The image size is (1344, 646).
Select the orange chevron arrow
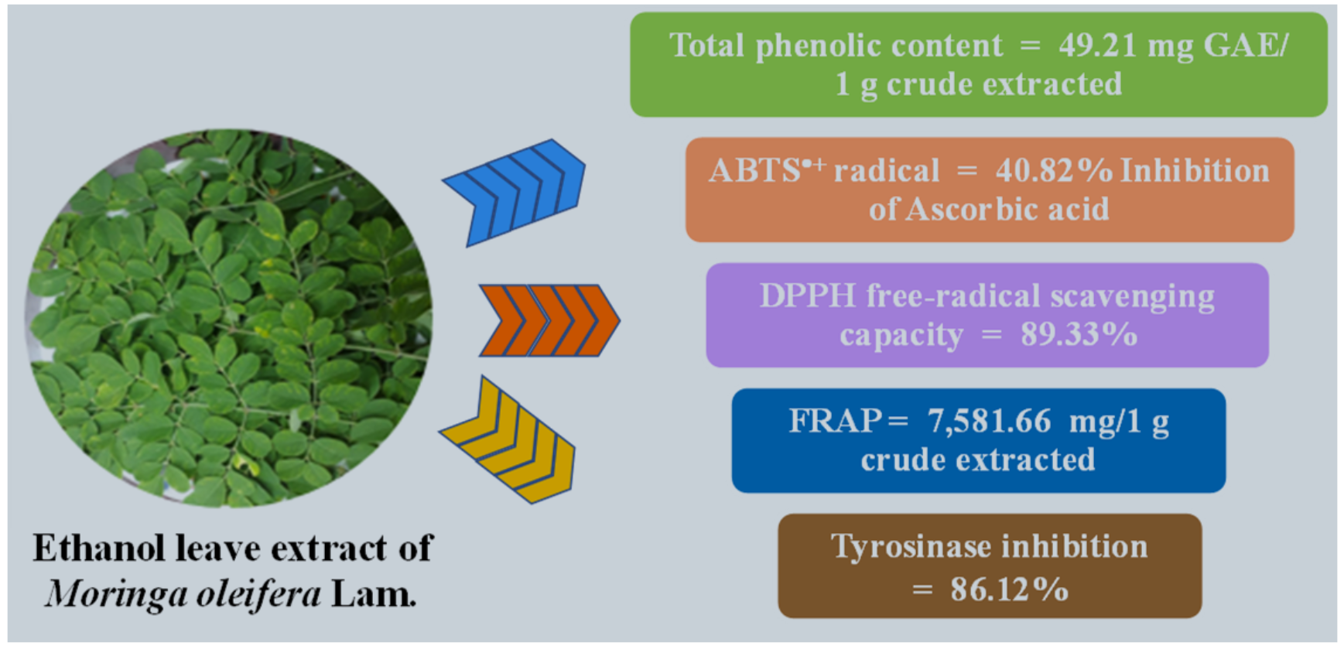(x=549, y=320)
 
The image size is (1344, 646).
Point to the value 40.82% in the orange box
(x=1054, y=171)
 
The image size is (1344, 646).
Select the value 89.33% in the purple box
(x=1079, y=335)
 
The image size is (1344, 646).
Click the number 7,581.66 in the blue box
(x=990, y=422)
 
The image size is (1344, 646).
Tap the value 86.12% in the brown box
(x=1009, y=590)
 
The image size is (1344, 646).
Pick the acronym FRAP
(x=836, y=422)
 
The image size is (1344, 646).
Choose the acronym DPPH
(x=808, y=296)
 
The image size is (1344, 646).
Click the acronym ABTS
(x=755, y=171)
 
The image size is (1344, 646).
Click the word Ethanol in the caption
(x=99, y=548)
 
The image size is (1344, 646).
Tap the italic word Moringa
(x=115, y=595)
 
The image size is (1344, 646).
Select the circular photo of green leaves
(x=229, y=318)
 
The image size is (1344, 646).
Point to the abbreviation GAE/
(x=1247, y=46)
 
